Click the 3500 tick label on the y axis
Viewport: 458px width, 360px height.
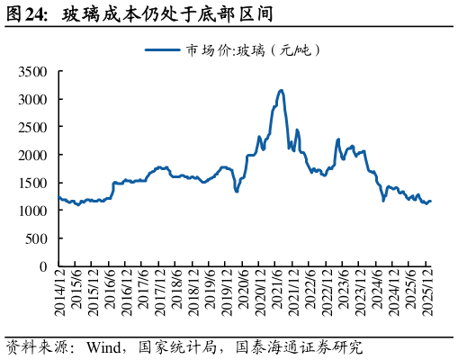coord(33,71)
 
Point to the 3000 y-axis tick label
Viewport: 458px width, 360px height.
coord(33,99)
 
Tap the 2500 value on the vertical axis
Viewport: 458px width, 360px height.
coord(33,127)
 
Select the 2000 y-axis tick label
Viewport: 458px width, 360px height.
coord(33,155)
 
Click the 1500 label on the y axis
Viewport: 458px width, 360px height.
coord(33,183)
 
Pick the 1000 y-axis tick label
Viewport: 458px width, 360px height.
coord(33,211)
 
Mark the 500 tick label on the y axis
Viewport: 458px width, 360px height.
coord(37,238)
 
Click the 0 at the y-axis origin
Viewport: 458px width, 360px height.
coord(43,266)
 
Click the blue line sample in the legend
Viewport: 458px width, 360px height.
coord(162,50)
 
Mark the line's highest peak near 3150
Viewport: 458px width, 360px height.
coord(282,90)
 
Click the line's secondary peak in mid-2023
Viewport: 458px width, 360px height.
coord(338,139)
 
